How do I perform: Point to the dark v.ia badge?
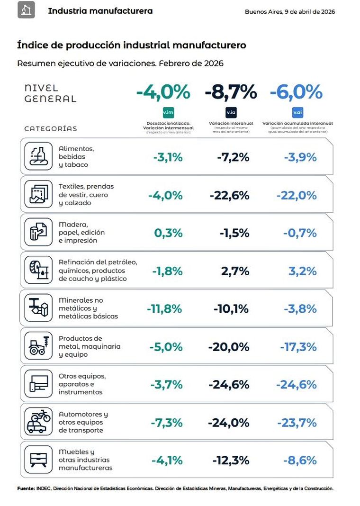click(x=231, y=112)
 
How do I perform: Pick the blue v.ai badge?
click(x=297, y=112)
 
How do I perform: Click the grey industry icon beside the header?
click(x=26, y=10)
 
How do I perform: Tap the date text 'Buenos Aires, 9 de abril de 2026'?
click(x=290, y=12)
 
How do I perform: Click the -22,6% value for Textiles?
click(x=229, y=195)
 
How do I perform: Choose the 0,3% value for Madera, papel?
click(x=168, y=233)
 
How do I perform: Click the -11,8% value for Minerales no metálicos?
click(x=164, y=309)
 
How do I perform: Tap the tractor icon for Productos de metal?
click(x=37, y=347)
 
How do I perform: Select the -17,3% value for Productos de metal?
click(x=298, y=347)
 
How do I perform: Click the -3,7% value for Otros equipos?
click(x=166, y=385)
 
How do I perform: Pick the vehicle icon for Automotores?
click(x=37, y=422)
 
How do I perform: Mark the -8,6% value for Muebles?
click(x=299, y=460)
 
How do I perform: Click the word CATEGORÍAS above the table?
click(x=51, y=128)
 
